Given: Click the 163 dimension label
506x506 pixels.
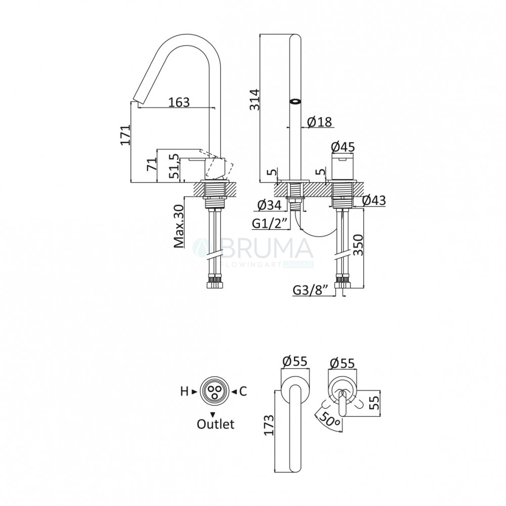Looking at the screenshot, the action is pos(179,102).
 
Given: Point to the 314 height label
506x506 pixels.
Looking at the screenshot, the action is pos(255,99).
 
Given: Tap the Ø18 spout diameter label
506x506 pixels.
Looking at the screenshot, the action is pos(319,122).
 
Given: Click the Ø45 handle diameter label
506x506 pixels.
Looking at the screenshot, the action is pos(343,147).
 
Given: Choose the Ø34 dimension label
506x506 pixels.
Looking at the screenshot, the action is pos(270,205).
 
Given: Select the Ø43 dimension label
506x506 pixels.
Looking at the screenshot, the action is pos(374,200).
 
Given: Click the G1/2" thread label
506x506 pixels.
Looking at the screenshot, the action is pos(270,224).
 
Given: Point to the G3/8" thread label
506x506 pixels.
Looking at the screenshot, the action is pos(311,290).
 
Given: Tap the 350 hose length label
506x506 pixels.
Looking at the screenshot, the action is pos(358,245).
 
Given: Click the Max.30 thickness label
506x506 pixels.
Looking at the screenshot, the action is pos(179,226).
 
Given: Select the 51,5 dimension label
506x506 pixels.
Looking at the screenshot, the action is pos(174,166).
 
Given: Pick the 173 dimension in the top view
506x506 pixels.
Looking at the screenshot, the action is pos(269,425).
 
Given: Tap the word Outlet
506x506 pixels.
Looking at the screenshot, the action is pos(216,424).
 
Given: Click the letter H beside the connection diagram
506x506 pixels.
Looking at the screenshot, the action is pos(184,392).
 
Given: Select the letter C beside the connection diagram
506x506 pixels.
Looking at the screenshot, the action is pos(243,392).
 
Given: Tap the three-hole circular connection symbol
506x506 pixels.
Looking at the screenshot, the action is pos(215,391).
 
